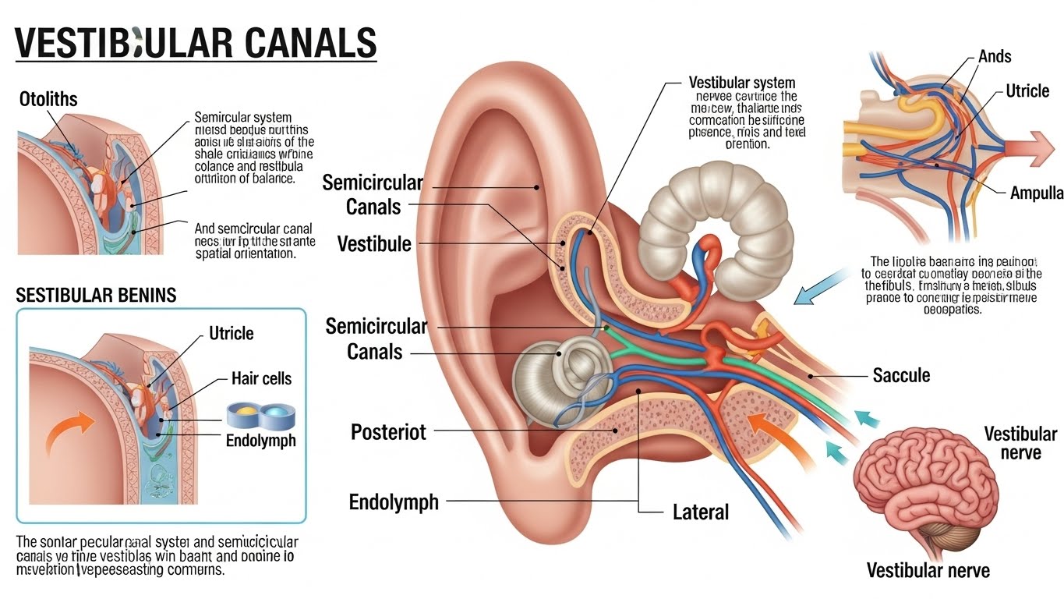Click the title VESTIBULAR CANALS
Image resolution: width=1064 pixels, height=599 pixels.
click(x=196, y=44)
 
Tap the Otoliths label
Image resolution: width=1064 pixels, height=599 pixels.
click(x=48, y=100)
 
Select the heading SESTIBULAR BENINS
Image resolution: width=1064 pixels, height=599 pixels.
click(x=96, y=296)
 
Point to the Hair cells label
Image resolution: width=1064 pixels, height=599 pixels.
click(x=261, y=379)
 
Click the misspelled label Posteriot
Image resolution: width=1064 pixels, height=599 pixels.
click(x=388, y=432)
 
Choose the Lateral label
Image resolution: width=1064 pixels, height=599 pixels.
click(x=700, y=512)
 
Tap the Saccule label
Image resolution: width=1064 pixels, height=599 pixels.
click(x=901, y=375)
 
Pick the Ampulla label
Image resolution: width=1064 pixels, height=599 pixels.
click(x=1037, y=193)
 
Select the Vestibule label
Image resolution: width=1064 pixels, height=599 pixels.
click(x=374, y=244)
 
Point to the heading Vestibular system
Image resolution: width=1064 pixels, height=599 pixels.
click(x=742, y=83)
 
